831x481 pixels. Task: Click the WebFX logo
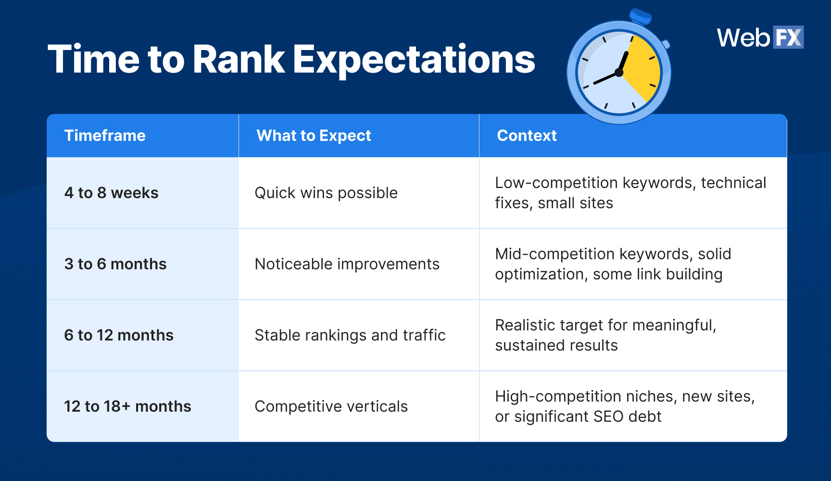pyautogui.click(x=760, y=38)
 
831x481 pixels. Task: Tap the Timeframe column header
pyautogui.click(x=105, y=136)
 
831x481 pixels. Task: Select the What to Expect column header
pyautogui.click(x=314, y=136)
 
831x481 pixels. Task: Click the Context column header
pyautogui.click(x=527, y=136)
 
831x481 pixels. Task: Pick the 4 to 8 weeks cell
pyautogui.click(x=111, y=193)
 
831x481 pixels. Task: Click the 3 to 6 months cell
pyautogui.click(x=115, y=264)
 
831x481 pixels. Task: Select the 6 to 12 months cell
pyautogui.click(x=119, y=335)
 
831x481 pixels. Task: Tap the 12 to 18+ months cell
pyautogui.click(x=127, y=406)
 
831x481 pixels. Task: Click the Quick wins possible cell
pyautogui.click(x=326, y=193)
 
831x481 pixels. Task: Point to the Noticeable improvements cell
pyautogui.click(x=347, y=264)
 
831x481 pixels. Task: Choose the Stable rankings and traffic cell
pyautogui.click(x=350, y=335)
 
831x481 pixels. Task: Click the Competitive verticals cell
pyautogui.click(x=331, y=406)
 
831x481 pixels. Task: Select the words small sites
pyautogui.click(x=575, y=203)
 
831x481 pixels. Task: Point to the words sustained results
pyautogui.click(x=556, y=345)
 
